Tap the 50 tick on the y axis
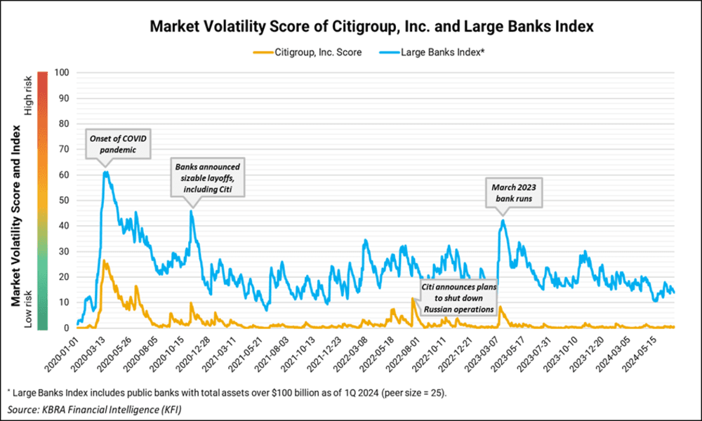(x=64, y=200)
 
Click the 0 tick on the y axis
(x=66, y=328)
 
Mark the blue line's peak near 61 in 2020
(x=106, y=172)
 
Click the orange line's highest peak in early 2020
(x=104, y=260)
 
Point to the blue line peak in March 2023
(x=503, y=220)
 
